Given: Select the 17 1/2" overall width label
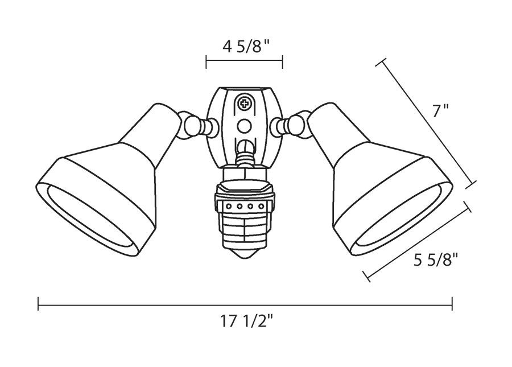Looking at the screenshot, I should click(x=247, y=322).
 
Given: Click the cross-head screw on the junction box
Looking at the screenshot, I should click(x=245, y=104).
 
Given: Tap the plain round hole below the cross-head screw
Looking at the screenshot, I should click(x=245, y=126).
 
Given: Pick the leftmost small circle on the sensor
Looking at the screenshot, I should click(x=229, y=206).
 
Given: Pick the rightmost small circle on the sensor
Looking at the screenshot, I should click(x=261, y=206).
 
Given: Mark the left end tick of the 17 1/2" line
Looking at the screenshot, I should click(x=38, y=304).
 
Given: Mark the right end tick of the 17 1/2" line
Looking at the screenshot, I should click(x=452, y=304).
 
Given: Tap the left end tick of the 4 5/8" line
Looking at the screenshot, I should click(x=207, y=61).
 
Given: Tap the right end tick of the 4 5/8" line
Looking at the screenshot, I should click(x=283, y=61).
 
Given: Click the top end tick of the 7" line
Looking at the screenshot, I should click(x=381, y=62).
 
